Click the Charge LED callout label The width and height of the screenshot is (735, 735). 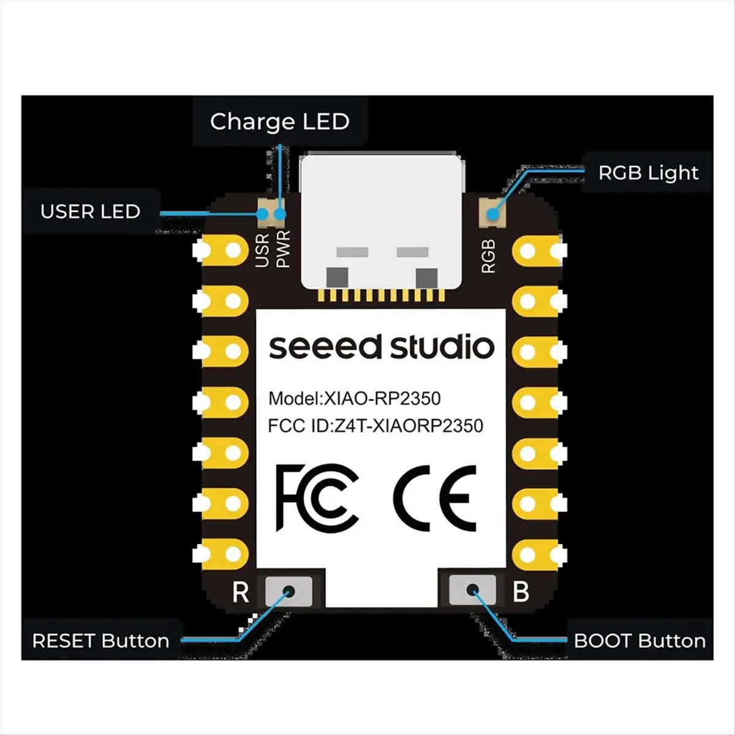coord(279,122)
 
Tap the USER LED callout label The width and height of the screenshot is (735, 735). coord(90,212)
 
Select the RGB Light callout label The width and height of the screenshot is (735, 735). coord(648,173)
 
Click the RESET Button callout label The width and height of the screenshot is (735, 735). coord(100,641)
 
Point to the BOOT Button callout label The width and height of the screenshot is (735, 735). coord(639,641)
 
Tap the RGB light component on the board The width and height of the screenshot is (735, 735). coord(491,214)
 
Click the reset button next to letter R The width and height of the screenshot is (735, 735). coord(288,591)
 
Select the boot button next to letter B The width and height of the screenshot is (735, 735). coord(472,590)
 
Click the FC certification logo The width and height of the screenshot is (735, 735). coord(317,497)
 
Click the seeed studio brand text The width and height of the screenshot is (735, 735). coord(381,347)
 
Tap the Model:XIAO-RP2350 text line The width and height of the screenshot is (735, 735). coord(355,399)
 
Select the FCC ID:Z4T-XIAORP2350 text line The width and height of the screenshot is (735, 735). coord(375,426)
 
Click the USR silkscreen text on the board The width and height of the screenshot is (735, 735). coord(262,250)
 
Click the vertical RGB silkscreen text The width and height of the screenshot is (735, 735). coord(488,256)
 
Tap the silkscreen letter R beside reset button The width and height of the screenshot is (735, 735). coord(241,592)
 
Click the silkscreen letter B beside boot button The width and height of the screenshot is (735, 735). coord(521,592)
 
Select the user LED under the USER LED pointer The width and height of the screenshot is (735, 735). coord(266,214)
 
